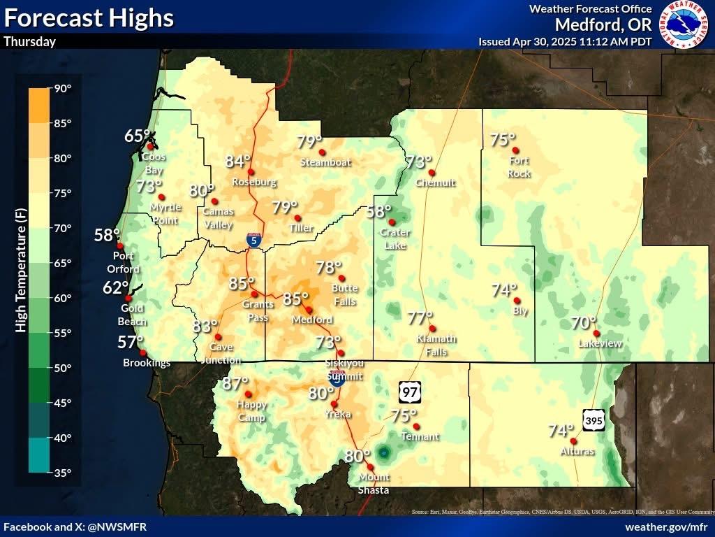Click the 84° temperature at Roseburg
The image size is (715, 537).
click(x=238, y=162)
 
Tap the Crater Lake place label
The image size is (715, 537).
click(x=395, y=238)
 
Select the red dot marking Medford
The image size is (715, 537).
click(x=309, y=309)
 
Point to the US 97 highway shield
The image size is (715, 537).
click(x=411, y=392)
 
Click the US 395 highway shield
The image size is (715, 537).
click(x=594, y=420)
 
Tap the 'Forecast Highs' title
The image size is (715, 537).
click(x=88, y=17)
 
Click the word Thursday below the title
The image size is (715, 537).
click(x=29, y=41)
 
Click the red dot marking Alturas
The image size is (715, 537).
click(x=573, y=441)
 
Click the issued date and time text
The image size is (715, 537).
click(x=565, y=41)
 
